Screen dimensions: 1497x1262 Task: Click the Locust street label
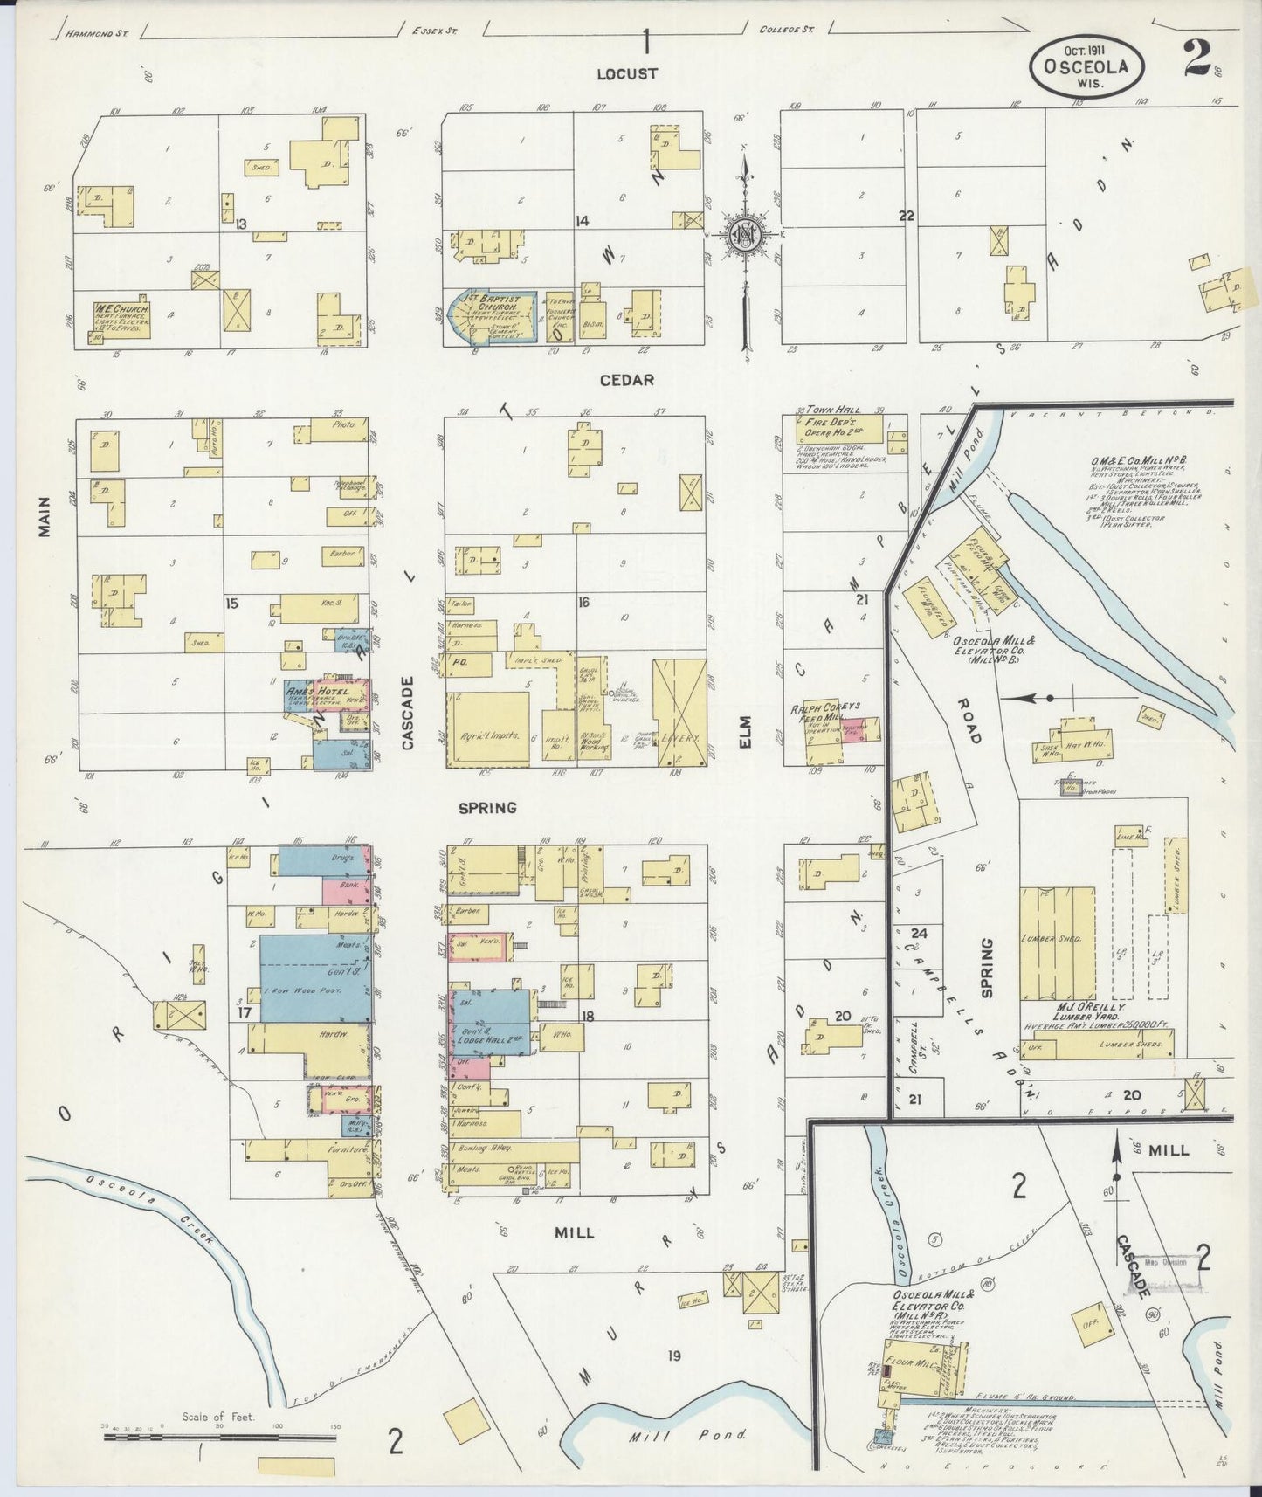[626, 74]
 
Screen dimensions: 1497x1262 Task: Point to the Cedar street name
[626, 381]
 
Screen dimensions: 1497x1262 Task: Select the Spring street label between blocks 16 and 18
[487, 808]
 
